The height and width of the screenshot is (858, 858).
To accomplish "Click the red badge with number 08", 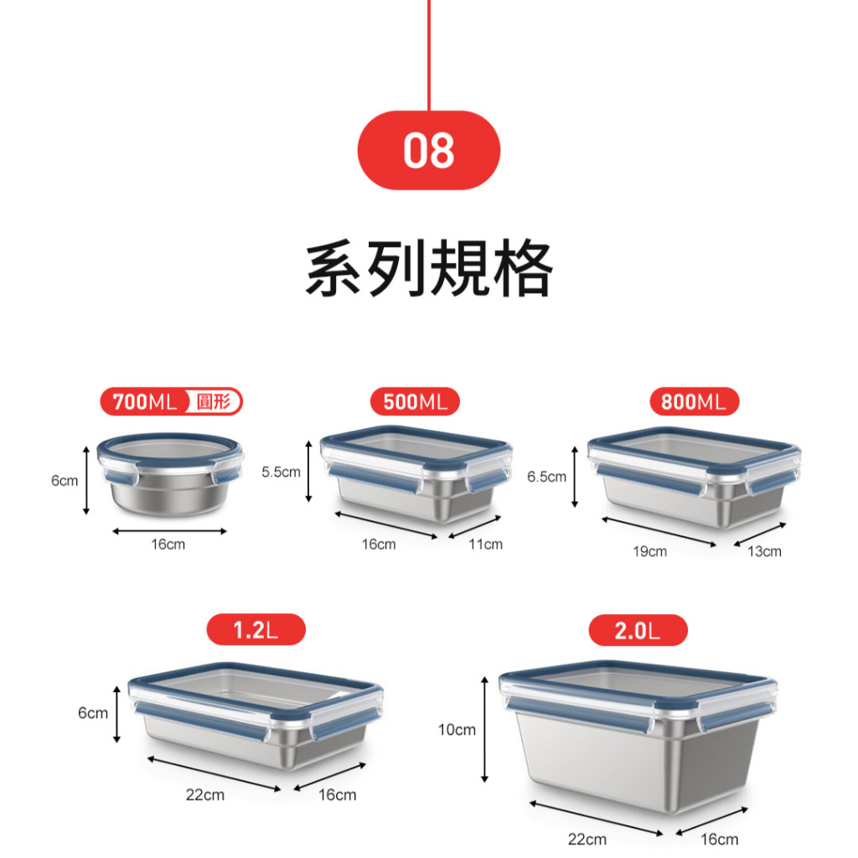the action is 428,151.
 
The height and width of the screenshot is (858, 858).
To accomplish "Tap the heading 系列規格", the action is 429,268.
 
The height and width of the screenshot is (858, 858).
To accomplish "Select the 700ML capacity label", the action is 145,401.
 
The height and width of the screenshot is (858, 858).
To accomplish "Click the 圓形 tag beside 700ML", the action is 214,401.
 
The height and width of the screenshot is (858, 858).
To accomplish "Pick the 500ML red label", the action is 415,401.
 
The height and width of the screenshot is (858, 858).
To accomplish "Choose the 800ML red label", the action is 694,401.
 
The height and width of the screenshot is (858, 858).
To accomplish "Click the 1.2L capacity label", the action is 256,630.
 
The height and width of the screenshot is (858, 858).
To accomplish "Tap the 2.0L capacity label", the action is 638,630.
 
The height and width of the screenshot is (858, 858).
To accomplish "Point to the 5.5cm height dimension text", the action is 281,472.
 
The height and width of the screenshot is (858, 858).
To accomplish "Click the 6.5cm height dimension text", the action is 546,477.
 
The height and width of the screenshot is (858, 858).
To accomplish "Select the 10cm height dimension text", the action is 457,730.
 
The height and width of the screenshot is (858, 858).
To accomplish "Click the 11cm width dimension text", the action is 485,545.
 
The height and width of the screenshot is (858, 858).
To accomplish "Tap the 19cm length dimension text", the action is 650,551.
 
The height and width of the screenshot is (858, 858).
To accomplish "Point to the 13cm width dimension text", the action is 764,551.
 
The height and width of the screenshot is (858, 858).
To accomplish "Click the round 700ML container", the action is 170,474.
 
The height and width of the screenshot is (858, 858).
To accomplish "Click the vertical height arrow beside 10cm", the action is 484,730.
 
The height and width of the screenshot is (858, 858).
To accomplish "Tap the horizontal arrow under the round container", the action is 169,530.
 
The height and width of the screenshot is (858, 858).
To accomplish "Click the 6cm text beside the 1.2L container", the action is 93,713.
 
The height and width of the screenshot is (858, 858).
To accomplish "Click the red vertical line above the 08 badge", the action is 429,55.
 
